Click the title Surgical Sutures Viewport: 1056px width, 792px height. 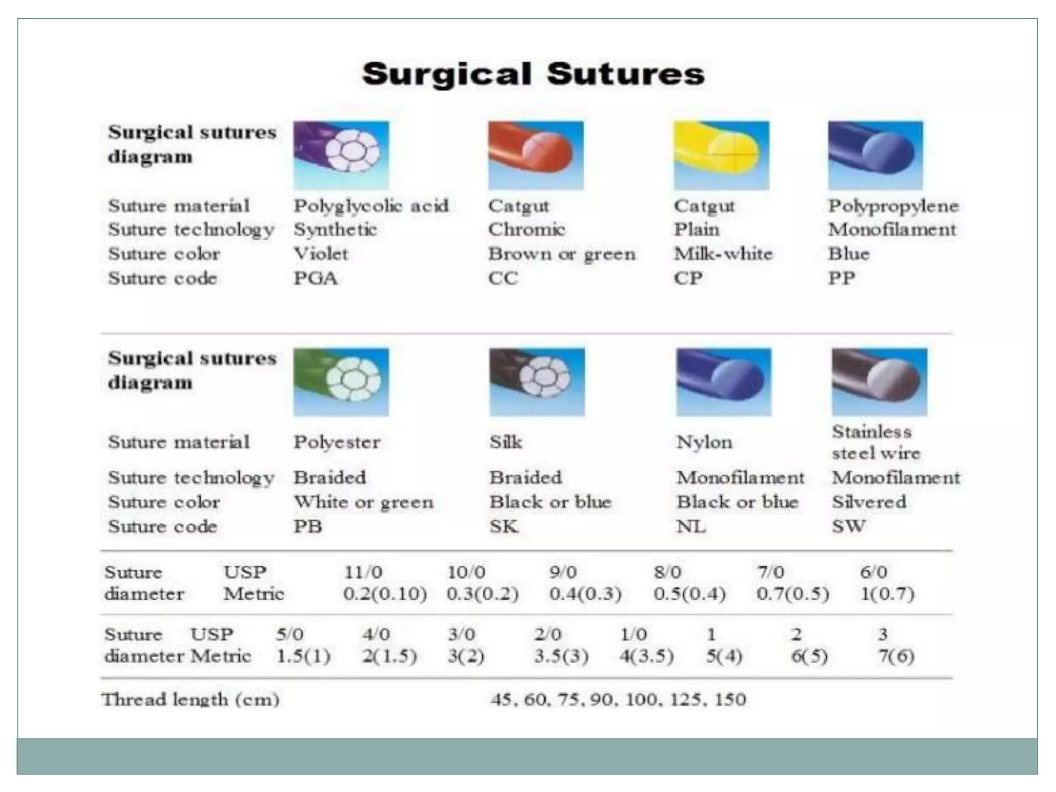[x=533, y=74]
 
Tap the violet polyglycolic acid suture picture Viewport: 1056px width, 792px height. [x=341, y=155]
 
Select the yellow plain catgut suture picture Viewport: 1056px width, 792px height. [x=721, y=155]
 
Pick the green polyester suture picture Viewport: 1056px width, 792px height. [x=341, y=382]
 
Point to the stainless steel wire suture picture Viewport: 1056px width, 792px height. [x=879, y=382]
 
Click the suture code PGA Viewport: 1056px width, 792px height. [x=316, y=278]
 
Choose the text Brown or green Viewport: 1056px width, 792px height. [x=562, y=254]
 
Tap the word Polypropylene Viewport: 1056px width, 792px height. [x=893, y=206]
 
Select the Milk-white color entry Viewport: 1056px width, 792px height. [x=723, y=254]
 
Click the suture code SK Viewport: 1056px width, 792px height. [x=504, y=526]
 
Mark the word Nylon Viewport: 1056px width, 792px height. [x=704, y=442]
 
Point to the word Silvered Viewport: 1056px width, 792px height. [x=869, y=502]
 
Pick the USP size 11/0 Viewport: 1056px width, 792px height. [x=363, y=572]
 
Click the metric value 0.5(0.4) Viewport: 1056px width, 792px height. [x=689, y=594]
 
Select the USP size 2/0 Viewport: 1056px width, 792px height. [x=548, y=634]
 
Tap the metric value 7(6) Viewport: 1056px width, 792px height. [x=896, y=656]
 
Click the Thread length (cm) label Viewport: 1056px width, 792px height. [x=190, y=700]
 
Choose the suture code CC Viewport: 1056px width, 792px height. [x=503, y=278]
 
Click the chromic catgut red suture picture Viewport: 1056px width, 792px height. [x=536, y=155]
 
